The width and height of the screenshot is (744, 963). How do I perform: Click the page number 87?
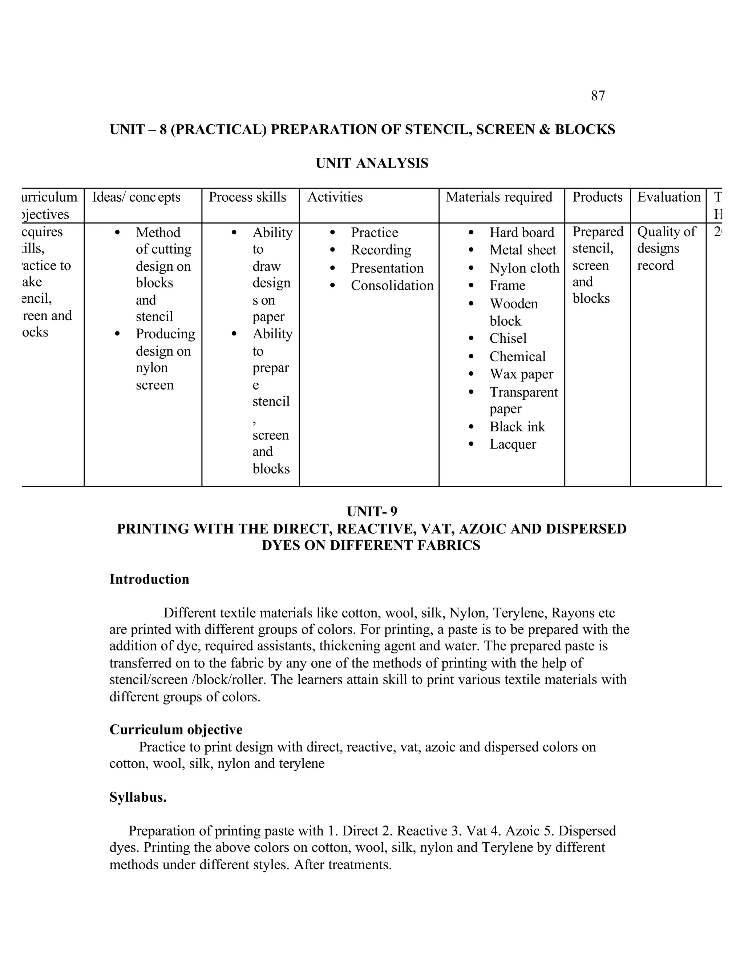click(598, 96)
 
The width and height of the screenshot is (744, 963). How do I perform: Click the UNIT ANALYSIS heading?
click(372, 163)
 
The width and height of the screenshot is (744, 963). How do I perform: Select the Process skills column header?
click(247, 197)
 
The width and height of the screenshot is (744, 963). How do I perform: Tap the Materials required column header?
click(498, 197)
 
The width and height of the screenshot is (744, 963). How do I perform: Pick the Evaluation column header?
click(669, 197)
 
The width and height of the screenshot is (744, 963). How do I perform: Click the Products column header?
click(597, 197)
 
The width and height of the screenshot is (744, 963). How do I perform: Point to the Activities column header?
click(335, 197)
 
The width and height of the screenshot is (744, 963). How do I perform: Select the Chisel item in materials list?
click(508, 338)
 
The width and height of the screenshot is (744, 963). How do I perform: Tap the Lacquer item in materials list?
click(513, 444)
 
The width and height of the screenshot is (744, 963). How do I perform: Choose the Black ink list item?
click(517, 427)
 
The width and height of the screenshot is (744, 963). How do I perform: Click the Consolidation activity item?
click(392, 285)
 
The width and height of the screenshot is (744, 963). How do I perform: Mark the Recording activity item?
click(381, 250)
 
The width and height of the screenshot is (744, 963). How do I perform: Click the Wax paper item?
click(521, 374)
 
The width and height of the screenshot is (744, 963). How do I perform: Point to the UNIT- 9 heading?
click(372, 512)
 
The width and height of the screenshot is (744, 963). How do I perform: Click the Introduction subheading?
click(149, 579)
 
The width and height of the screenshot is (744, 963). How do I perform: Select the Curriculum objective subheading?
click(175, 730)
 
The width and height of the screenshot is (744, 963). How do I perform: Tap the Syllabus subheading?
click(138, 797)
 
